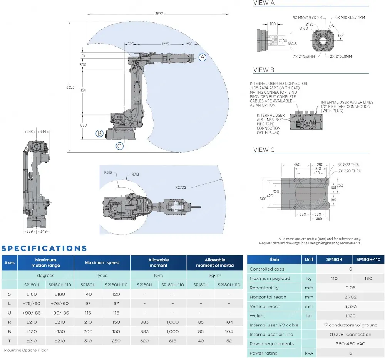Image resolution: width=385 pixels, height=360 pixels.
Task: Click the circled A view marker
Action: click(x=203, y=57)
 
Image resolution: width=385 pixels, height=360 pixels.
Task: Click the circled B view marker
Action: click(x=99, y=133)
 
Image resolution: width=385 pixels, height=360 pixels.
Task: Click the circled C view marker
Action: click(x=120, y=146)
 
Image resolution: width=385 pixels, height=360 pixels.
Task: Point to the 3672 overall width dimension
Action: click(x=159, y=13)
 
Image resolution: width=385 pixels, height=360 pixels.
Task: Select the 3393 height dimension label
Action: click(x=70, y=87)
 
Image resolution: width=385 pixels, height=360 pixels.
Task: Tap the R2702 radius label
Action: click(x=181, y=188)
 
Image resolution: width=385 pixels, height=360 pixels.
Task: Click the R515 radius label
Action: click(x=108, y=172)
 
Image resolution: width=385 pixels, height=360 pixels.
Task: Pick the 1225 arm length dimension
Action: click(x=165, y=44)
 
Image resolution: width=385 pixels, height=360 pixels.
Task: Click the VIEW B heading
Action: click(x=264, y=70)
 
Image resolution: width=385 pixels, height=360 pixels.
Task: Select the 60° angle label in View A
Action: click(x=341, y=35)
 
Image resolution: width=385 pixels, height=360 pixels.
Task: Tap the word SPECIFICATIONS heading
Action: click(x=44, y=249)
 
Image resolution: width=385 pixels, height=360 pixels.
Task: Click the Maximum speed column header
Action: click(x=102, y=263)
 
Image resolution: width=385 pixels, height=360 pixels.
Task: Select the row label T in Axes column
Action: click(x=9, y=341)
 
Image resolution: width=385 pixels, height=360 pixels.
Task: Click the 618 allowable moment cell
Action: click(x=172, y=341)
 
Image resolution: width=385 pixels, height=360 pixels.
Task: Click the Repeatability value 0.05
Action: click(x=350, y=288)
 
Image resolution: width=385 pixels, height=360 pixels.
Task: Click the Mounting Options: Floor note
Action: click(x=26, y=350)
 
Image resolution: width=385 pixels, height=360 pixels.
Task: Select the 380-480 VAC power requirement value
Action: click(x=350, y=344)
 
